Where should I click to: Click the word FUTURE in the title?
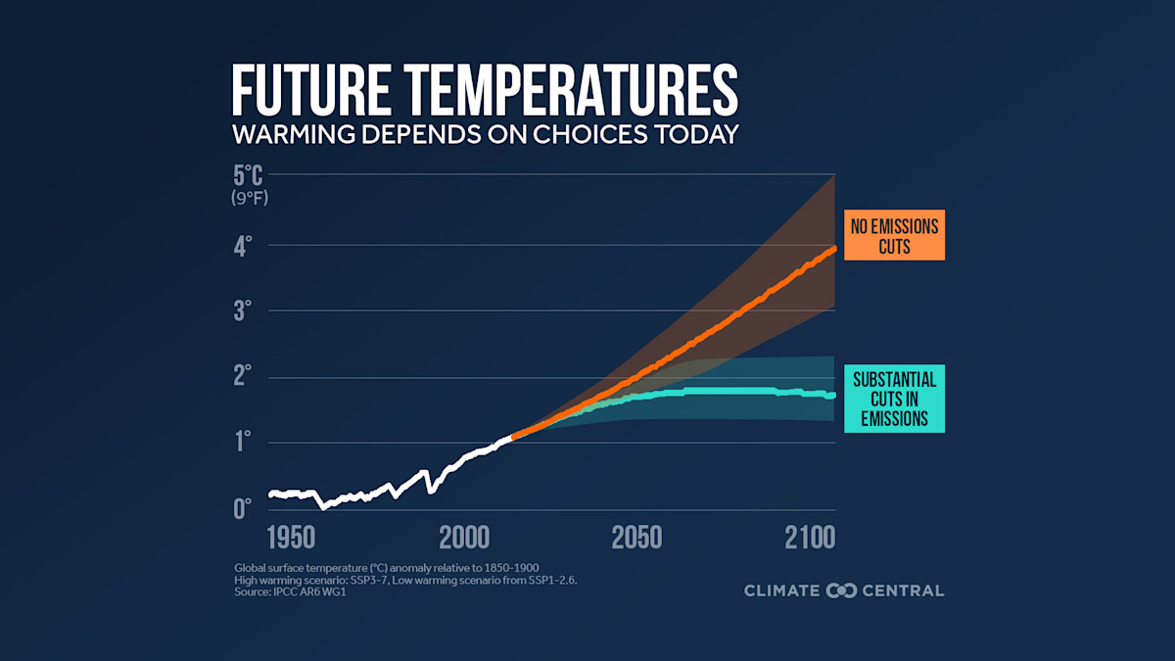(311, 91)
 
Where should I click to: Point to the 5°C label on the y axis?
(248, 177)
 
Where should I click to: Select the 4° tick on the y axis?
(242, 244)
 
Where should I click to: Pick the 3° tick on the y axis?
(242, 310)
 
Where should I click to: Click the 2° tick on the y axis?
(242, 376)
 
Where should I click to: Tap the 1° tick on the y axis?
(242, 442)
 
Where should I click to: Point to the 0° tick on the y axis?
(242, 507)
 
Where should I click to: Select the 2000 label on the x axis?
(464, 538)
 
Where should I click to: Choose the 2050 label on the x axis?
(636, 538)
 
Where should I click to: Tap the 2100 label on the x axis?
(809, 538)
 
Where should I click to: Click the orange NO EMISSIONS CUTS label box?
(894, 236)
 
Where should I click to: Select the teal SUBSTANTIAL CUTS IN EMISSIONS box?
(894, 399)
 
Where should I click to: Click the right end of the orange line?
(833, 251)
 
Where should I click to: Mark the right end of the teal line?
(832, 396)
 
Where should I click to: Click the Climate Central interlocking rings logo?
(842, 590)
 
